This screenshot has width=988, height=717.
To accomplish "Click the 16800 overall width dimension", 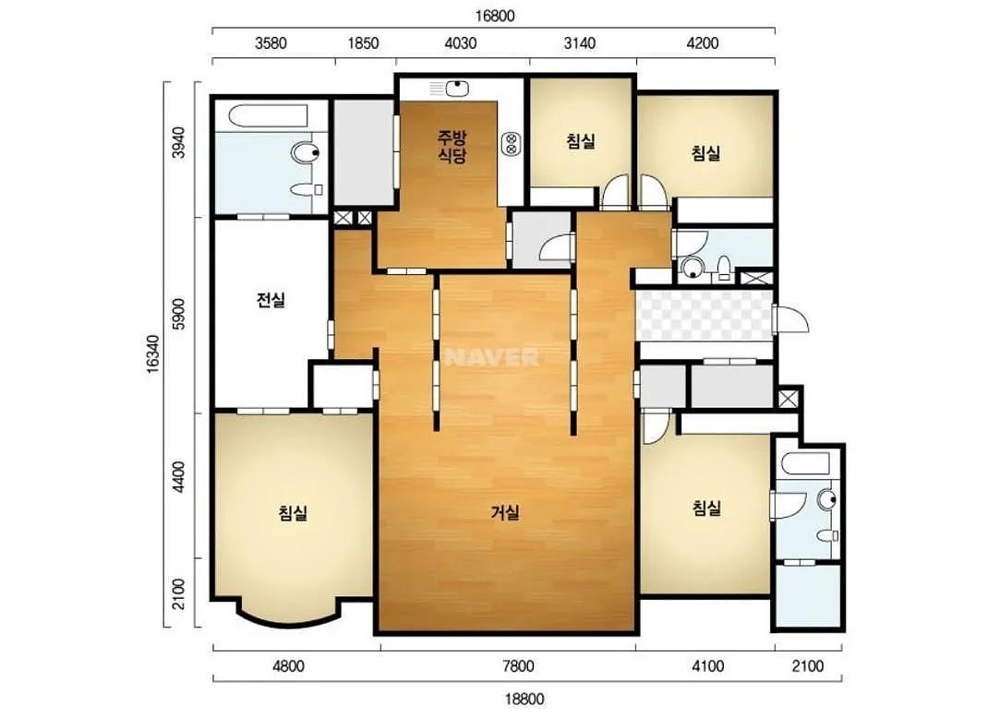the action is [495, 16].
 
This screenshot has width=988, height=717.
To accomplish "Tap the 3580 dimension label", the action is [271, 42].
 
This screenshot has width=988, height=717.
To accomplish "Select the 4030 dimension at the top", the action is [461, 42].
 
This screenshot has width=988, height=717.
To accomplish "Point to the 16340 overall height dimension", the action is [153, 354].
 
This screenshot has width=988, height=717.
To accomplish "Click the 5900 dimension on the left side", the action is [179, 315].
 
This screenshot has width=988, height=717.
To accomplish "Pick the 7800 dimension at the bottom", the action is [518, 665].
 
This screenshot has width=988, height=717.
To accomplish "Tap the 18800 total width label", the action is [524, 699].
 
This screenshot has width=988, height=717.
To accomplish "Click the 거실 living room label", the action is [505, 512].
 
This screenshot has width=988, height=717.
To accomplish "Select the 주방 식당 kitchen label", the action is [452, 146].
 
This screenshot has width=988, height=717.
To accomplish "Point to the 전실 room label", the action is [271, 300].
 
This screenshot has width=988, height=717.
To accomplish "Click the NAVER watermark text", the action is [491, 357].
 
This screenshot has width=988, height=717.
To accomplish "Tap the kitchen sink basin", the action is [456, 89].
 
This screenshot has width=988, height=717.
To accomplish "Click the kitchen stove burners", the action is [511, 144].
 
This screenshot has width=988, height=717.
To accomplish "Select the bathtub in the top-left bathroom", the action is [269, 116].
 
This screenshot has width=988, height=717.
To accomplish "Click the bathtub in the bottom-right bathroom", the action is [806, 464].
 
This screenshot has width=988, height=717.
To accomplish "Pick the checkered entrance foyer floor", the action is [704, 316].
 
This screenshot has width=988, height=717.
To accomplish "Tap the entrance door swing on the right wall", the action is [790, 318].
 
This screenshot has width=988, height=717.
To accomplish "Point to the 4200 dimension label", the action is [702, 42].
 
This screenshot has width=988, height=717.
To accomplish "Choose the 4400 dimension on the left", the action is [179, 478].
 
